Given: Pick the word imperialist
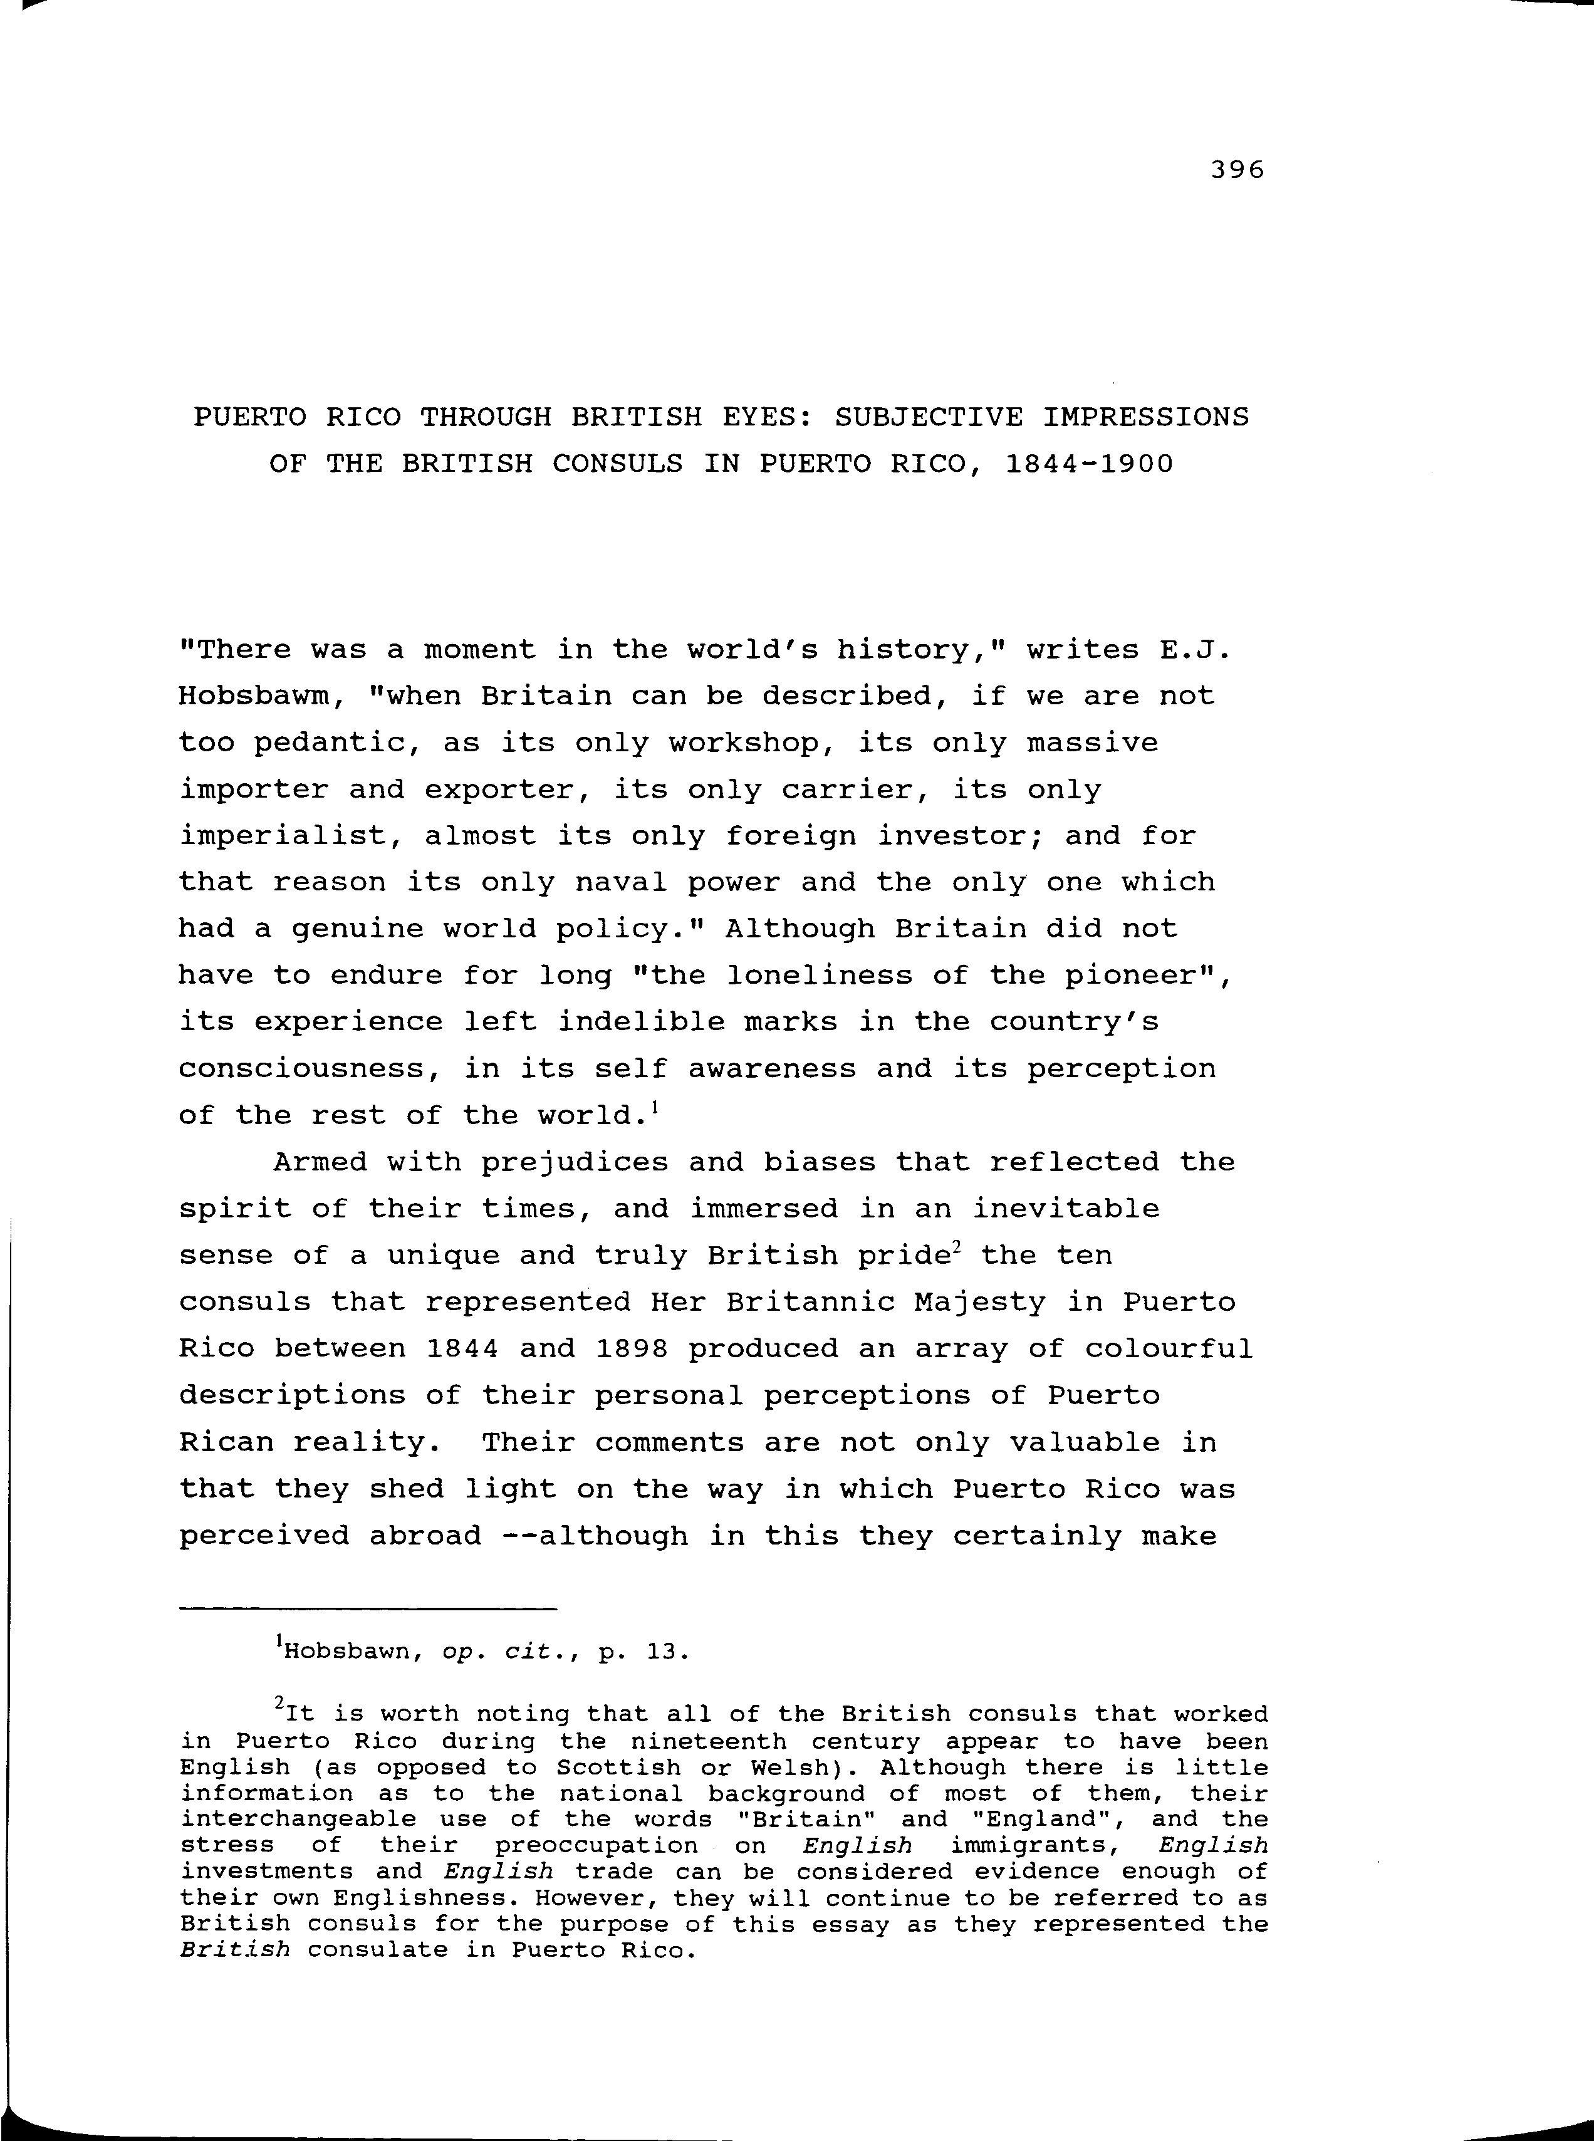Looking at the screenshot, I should click(x=283, y=836).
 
